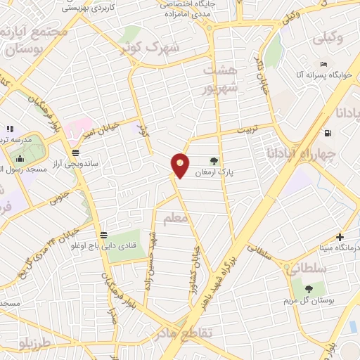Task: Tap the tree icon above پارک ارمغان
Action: pos(214,160)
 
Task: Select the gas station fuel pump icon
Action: pos(328,133)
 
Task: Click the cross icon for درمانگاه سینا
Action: pos(340,237)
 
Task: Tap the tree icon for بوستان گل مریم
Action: pos(309,288)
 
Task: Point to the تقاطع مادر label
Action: pos(206,333)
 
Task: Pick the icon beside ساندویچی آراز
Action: pos(75,152)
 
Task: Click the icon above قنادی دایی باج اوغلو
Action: pos(104,235)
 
